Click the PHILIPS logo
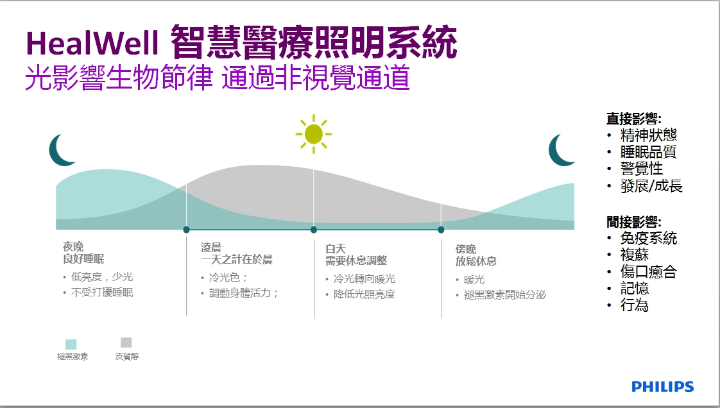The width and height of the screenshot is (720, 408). click(663, 386)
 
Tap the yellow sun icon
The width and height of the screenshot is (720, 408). click(314, 134)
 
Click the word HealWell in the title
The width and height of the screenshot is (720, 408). click(92, 44)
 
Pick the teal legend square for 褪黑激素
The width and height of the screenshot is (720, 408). click(71, 344)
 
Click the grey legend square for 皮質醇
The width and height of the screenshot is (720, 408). click(126, 343)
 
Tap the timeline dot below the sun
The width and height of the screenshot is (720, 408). click(314, 230)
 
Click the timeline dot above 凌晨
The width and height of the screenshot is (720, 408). click(187, 230)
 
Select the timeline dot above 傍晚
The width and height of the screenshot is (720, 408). click(441, 230)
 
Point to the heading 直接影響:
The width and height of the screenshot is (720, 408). click(633, 119)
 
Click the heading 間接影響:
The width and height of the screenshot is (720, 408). click(633, 222)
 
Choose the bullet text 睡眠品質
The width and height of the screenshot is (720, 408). click(648, 152)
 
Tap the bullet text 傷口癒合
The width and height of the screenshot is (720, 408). click(648, 272)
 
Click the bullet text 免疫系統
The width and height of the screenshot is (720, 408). click(648, 238)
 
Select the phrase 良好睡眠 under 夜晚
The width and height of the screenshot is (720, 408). click(83, 259)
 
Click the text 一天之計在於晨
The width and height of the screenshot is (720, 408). click(237, 260)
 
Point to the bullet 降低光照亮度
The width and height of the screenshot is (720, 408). click(364, 294)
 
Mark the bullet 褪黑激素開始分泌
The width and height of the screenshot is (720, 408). click(504, 294)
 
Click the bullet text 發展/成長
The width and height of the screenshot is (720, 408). click(651, 186)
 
